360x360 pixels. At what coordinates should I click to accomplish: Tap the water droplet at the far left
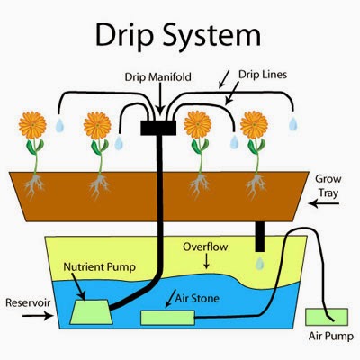[x=58, y=126]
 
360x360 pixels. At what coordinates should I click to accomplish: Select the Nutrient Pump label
[x=100, y=267]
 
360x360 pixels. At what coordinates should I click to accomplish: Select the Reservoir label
[x=27, y=293]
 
